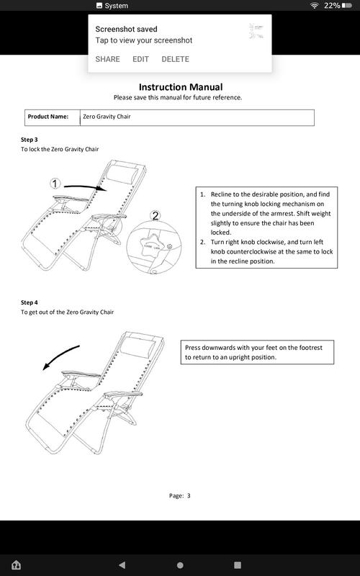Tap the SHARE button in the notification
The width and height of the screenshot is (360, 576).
[107, 59]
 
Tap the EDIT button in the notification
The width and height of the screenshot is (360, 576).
[140, 59]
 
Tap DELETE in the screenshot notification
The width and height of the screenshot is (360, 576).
[175, 59]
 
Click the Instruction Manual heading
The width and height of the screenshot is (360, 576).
[180, 86]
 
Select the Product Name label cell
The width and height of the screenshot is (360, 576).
[48, 117]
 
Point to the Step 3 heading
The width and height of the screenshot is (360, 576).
[30, 139]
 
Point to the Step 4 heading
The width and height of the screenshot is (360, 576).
[30, 302]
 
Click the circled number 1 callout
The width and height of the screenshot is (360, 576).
[55, 184]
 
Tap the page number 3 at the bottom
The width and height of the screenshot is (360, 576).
[189, 495]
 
